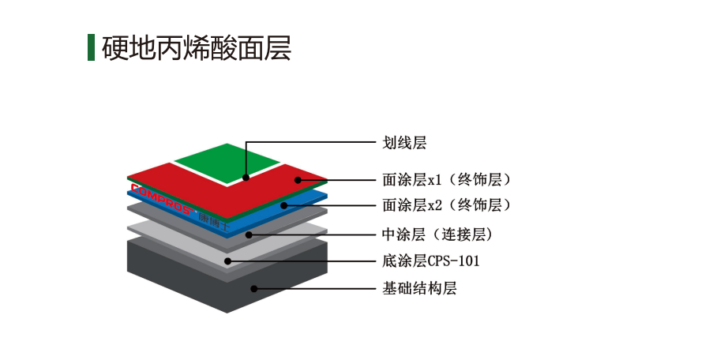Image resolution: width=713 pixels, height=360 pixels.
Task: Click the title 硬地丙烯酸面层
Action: point(196,47)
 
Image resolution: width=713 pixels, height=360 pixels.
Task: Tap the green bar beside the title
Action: point(91,47)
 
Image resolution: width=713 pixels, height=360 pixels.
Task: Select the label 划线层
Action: point(404,143)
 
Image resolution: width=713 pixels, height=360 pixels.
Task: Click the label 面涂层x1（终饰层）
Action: point(447,179)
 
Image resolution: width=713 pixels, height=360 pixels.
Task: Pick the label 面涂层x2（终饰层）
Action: point(447,205)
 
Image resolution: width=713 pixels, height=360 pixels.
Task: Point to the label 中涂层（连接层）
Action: point(437,234)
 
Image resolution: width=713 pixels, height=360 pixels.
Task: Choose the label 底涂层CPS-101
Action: point(430,261)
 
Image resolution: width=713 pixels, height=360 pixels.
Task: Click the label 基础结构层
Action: point(419,288)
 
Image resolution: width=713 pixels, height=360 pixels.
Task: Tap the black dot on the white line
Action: point(246,178)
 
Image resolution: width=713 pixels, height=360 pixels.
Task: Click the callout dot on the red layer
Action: point(298,180)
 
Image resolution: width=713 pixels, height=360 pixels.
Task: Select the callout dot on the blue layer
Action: point(283,205)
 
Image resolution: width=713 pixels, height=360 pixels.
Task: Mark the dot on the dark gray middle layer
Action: point(249,234)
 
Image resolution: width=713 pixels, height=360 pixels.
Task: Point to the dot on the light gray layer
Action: point(228,261)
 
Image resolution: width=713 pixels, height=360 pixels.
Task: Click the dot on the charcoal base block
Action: point(254,289)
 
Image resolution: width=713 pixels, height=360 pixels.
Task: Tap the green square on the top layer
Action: point(227,163)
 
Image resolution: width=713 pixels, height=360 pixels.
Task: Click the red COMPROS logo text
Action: point(161,199)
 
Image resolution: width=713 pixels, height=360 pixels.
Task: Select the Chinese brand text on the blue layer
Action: point(214,221)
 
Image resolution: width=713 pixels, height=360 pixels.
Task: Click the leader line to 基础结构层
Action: point(315,289)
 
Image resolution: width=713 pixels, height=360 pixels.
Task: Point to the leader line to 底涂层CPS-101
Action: point(302,261)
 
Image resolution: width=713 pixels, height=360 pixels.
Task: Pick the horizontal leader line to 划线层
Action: point(311,142)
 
